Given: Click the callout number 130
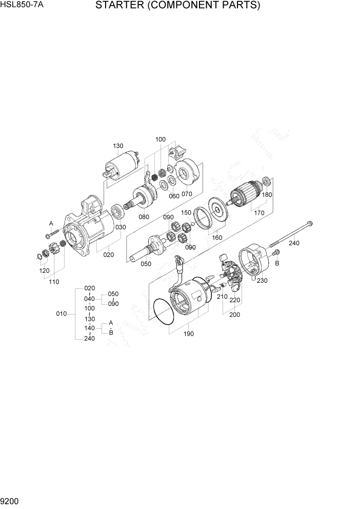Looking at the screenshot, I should pos(118,146).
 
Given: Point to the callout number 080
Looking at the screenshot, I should pos(144,217).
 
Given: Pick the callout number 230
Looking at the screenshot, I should pos(263,281).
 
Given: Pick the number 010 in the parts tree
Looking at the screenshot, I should pos(61,314).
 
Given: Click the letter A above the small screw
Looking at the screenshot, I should pos(51,223).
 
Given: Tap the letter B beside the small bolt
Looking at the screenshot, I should pos(277,263).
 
